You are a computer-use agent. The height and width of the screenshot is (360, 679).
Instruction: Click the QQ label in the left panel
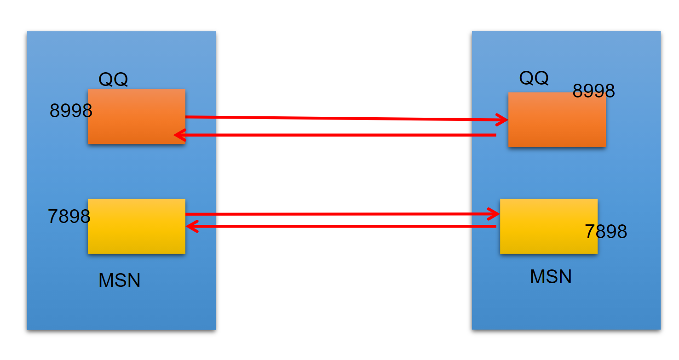(x=113, y=80)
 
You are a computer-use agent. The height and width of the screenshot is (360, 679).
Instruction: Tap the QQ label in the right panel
(x=534, y=78)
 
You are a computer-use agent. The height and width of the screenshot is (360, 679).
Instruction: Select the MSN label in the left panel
(x=119, y=280)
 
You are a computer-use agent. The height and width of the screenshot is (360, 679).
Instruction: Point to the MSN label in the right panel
(x=551, y=276)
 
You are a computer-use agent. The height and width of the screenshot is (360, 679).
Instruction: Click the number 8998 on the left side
(x=71, y=111)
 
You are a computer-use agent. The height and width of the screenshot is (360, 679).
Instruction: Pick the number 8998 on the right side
(x=593, y=91)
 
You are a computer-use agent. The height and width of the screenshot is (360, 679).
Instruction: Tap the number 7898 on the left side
(x=69, y=216)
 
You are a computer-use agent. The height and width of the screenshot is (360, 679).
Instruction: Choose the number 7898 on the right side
(x=606, y=231)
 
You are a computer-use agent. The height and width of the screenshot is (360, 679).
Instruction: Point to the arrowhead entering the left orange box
(x=178, y=135)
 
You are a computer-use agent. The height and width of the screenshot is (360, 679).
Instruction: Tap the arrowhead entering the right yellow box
(x=495, y=214)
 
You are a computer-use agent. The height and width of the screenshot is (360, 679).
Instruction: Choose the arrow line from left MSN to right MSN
(x=340, y=214)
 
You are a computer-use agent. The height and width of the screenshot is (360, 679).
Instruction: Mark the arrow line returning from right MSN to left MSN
(x=340, y=226)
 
